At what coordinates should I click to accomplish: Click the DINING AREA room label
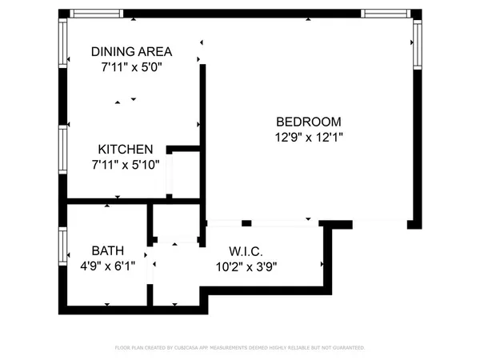131,51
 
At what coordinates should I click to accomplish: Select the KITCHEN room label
126,150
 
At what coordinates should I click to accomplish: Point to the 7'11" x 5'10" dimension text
126,164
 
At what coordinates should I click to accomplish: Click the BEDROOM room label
309,122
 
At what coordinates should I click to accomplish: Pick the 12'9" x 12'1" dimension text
309,137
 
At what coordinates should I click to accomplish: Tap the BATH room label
107,250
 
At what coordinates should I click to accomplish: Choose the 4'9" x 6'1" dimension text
107,266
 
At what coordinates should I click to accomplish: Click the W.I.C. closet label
246,250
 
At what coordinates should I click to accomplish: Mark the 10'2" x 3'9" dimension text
246,266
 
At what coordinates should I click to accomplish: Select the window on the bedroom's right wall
417,43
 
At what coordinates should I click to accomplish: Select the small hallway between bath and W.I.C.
177,272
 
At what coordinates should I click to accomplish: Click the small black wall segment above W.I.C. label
247,222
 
